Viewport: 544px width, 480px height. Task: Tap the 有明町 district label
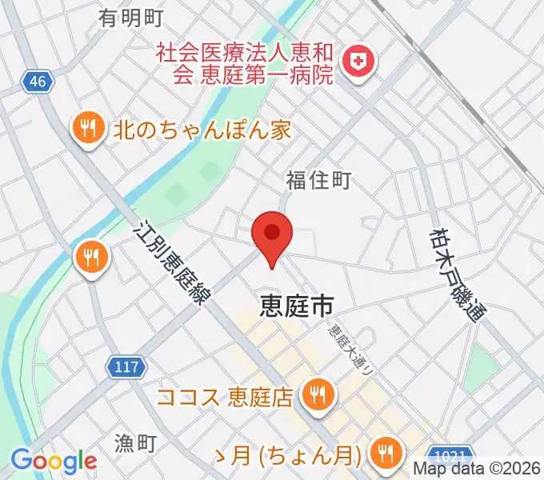point(131,18)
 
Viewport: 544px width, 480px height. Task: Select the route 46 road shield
point(37,82)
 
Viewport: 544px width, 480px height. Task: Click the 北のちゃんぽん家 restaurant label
point(202,129)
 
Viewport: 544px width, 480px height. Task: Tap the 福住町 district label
point(318,181)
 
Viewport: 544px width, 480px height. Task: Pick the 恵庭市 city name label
point(296,304)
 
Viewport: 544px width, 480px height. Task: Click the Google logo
point(54,462)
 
